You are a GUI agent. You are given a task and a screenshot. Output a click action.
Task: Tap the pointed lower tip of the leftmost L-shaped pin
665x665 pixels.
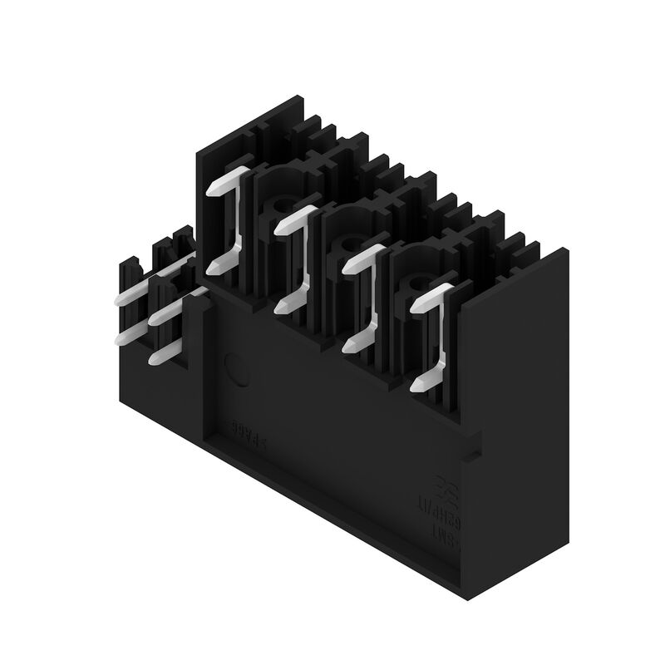pyautogui.click(x=213, y=267)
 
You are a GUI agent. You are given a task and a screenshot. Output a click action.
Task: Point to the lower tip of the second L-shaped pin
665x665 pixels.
pyautogui.click(x=282, y=307)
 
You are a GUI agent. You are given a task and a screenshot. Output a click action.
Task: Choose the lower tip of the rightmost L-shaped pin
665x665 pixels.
pyautogui.click(x=420, y=385)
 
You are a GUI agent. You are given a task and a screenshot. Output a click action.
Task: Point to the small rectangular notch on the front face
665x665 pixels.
pyautogui.click(x=475, y=453)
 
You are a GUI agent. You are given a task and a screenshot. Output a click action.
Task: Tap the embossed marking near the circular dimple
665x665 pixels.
pyautogui.click(x=247, y=437)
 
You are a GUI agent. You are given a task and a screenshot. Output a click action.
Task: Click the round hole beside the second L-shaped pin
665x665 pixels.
pyautogui.click(x=275, y=206)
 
